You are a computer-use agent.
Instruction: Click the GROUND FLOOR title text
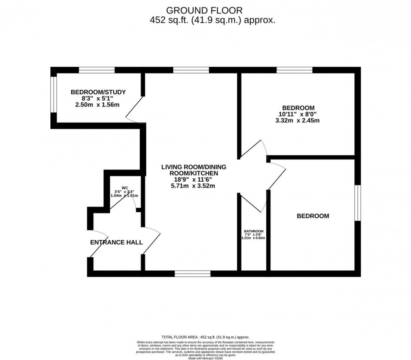pyautogui.click(x=205, y=10)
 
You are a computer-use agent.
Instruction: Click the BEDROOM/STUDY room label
pyautogui.click(x=98, y=92)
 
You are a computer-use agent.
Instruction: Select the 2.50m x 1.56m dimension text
pyautogui.click(x=97, y=105)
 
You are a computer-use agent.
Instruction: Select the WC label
pyautogui.click(x=125, y=188)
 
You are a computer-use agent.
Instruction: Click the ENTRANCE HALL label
pyautogui.click(x=117, y=242)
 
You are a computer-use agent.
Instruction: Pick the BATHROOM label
pyautogui.click(x=254, y=231)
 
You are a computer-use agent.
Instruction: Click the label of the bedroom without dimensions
pyautogui.click(x=313, y=216)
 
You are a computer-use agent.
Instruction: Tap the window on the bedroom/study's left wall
pyautogui.click(x=53, y=94)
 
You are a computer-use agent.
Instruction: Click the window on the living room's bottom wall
pyautogui.click(x=192, y=274)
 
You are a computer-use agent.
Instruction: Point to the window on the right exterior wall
pyautogui.click(x=358, y=203)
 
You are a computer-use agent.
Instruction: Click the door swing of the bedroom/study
pyautogui.click(x=133, y=110)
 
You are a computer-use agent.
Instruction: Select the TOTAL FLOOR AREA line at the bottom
pyautogui.click(x=205, y=337)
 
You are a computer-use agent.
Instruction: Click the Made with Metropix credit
pyautogui.click(x=205, y=358)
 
